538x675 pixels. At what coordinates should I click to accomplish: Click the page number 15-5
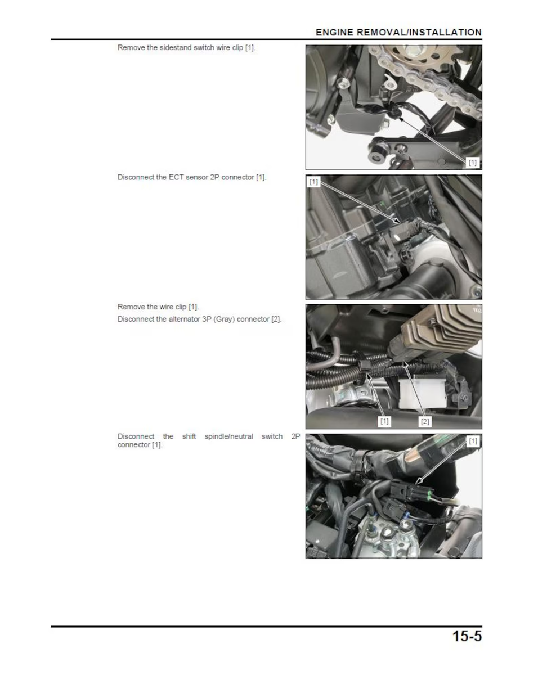point(467,636)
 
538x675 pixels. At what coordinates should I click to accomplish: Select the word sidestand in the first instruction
point(175,48)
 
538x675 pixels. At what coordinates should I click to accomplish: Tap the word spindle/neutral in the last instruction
point(228,436)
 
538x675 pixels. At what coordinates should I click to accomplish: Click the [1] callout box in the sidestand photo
point(472,163)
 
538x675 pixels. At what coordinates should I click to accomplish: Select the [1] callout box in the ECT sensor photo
point(313,182)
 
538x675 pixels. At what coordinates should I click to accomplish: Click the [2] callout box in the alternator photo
point(424,421)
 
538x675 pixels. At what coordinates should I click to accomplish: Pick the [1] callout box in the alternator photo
point(384,421)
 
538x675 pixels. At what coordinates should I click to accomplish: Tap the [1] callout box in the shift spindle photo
point(473,442)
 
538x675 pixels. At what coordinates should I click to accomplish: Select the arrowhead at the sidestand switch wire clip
point(401,119)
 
